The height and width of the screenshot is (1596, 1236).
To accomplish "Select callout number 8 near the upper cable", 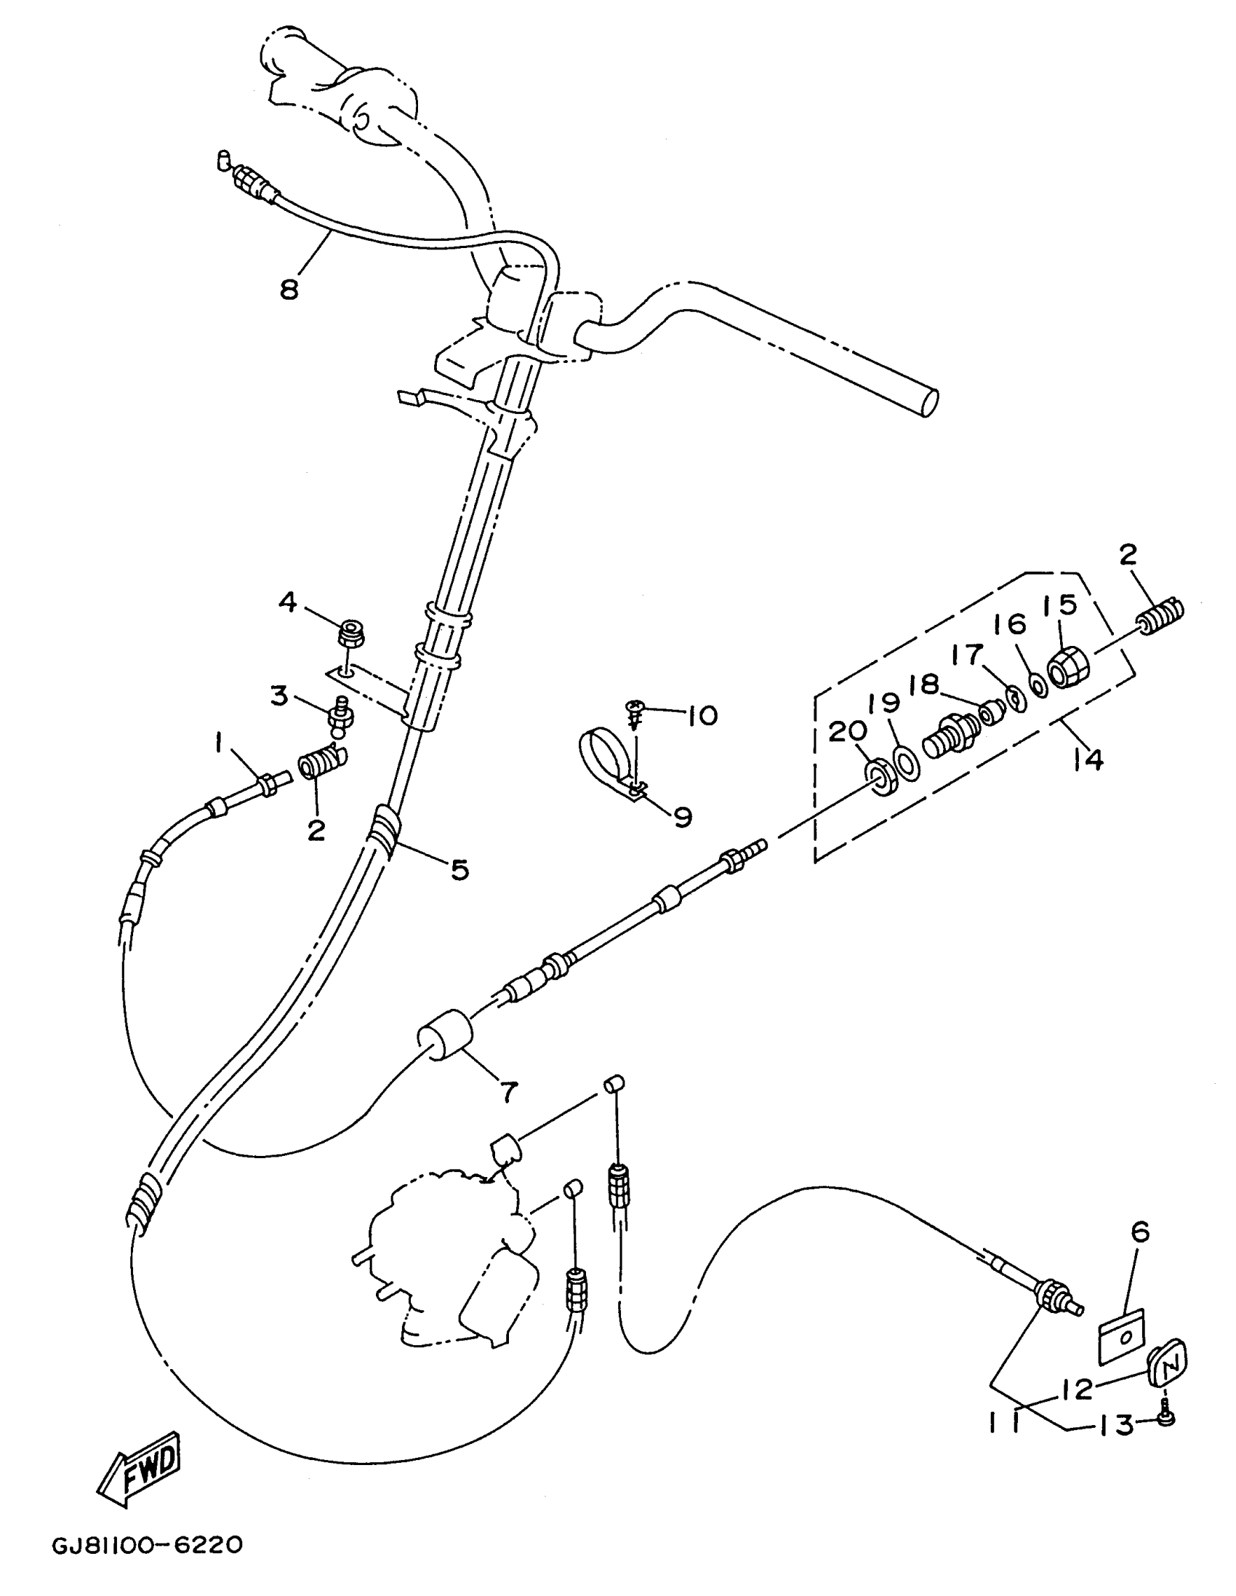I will tap(290, 290).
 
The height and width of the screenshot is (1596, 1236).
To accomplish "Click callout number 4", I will tap(288, 602).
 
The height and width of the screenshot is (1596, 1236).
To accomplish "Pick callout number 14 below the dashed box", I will tap(1088, 760).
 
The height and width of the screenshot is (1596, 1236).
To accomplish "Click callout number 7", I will tap(508, 1092).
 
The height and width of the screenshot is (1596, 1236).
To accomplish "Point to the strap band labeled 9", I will tap(606, 757).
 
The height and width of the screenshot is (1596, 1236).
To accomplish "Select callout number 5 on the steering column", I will tap(458, 869).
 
